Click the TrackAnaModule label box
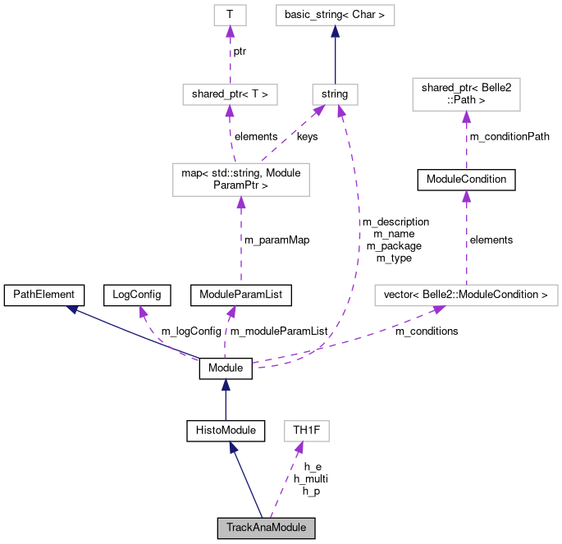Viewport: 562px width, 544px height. [266, 528]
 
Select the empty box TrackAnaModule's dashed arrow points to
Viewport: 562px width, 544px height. [306, 431]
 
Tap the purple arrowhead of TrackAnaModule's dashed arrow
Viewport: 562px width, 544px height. [300, 447]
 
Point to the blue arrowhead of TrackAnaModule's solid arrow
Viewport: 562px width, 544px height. [233, 447]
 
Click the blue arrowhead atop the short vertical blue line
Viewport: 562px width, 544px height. [225, 384]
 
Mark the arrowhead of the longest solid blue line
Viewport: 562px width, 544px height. [72, 309]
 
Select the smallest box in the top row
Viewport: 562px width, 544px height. [230, 15]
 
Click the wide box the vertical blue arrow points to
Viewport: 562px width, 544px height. [335, 15]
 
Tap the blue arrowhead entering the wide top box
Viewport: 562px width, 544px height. [335, 31]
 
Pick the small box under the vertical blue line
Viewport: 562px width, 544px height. [335, 94]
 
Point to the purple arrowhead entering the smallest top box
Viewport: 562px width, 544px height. [230, 31]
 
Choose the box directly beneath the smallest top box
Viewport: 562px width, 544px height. [230, 94]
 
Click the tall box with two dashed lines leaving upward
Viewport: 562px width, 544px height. [240, 180]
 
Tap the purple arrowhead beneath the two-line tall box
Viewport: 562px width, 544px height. [240, 202]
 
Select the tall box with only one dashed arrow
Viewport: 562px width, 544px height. [466, 94]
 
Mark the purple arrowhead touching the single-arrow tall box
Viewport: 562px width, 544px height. [466, 117]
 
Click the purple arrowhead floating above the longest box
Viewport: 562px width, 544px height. [466, 195]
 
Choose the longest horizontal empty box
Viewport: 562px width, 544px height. [466, 295]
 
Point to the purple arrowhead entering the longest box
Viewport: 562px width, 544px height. [439, 310]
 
